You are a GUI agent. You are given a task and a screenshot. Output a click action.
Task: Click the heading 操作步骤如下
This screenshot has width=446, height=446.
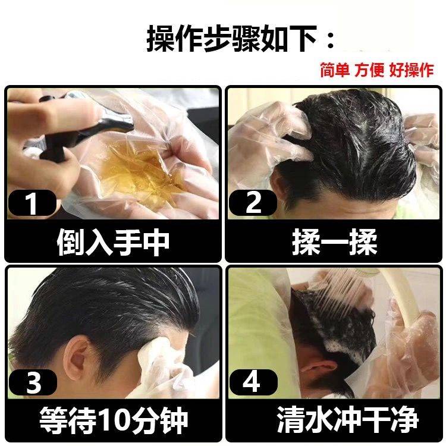(x=231, y=39)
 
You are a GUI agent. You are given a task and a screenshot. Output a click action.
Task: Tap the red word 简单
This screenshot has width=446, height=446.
(x=335, y=70)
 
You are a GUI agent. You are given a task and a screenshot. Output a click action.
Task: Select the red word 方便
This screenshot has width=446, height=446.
(x=369, y=70)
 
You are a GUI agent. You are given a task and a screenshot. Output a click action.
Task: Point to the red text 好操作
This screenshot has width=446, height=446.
(x=412, y=70)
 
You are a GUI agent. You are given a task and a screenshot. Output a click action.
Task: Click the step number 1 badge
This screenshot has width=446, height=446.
(x=32, y=203)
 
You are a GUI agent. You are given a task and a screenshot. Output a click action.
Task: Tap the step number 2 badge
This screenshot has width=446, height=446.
(x=253, y=203)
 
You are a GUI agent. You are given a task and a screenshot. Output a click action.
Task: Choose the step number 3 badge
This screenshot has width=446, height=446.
(x=33, y=382)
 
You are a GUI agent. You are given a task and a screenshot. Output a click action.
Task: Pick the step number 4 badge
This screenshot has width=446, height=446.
(x=253, y=382)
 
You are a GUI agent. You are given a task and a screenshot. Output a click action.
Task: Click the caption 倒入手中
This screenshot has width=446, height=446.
(x=113, y=242)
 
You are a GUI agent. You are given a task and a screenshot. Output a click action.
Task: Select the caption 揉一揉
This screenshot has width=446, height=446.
(x=334, y=242)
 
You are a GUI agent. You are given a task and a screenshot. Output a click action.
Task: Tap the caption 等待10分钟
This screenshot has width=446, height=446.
(x=114, y=420)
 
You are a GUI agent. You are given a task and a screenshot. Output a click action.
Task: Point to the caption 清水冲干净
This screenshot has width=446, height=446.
(x=347, y=420)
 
